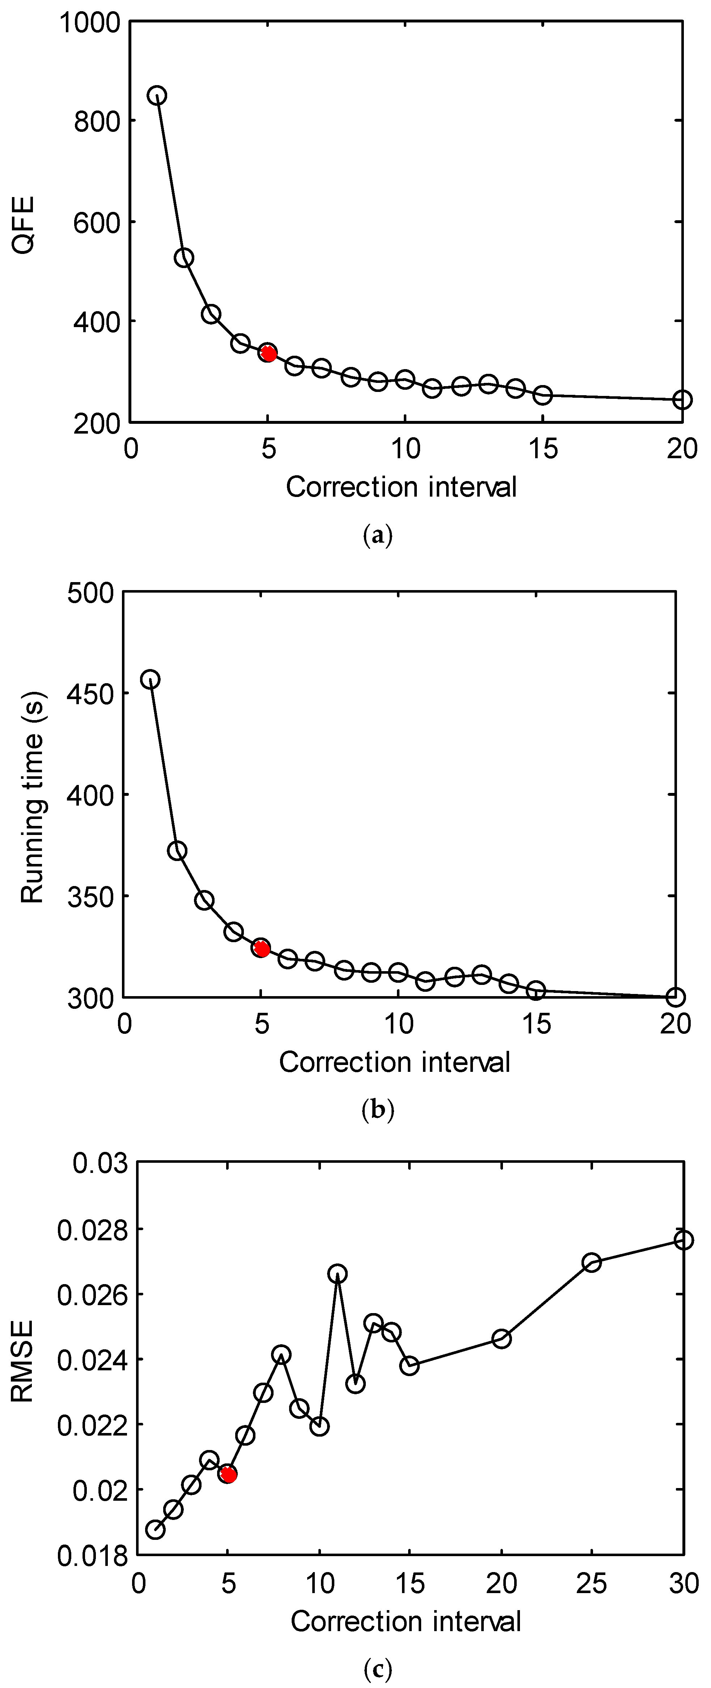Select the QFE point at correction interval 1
click(156, 96)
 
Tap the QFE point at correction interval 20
click(682, 399)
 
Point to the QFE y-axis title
click(24, 225)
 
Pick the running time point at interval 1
click(150, 680)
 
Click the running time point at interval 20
click(675, 997)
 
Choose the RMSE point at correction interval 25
click(592, 1263)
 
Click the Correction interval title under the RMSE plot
click(406, 1621)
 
